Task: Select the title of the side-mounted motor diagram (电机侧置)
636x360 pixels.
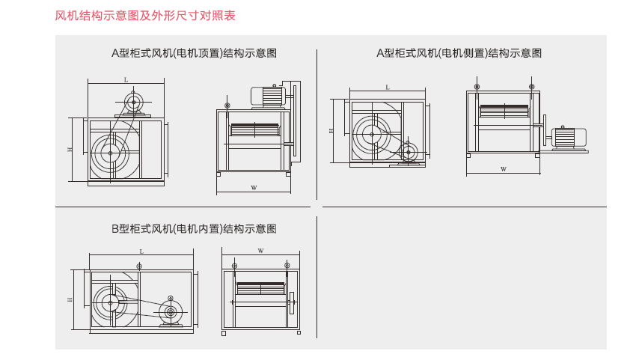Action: click(459, 53)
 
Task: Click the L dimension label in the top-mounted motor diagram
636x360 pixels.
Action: click(126, 79)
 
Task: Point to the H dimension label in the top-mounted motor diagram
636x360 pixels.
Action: click(70, 150)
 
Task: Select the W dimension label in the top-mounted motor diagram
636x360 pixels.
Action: click(254, 187)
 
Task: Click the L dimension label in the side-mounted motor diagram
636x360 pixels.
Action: click(388, 88)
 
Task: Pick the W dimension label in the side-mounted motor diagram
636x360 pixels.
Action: click(504, 169)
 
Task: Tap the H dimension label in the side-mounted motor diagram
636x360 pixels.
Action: click(331, 130)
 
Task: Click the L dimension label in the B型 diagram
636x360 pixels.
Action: click(141, 252)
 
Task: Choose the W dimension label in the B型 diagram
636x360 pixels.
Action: click(260, 251)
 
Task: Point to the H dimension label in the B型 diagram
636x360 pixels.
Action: click(70, 299)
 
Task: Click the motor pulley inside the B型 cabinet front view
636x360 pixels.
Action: click(171, 312)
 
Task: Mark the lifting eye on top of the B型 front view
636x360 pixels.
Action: click(139, 267)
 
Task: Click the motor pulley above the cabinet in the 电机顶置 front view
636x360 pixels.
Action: click(134, 102)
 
